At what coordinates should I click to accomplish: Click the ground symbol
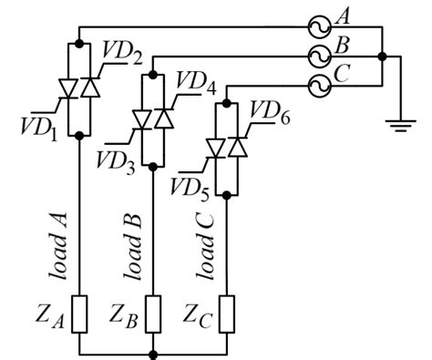[x=396, y=127]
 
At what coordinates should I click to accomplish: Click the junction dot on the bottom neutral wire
[x=153, y=352]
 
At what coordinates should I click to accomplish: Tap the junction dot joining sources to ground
[x=383, y=56]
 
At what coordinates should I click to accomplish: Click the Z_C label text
[x=199, y=314]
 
